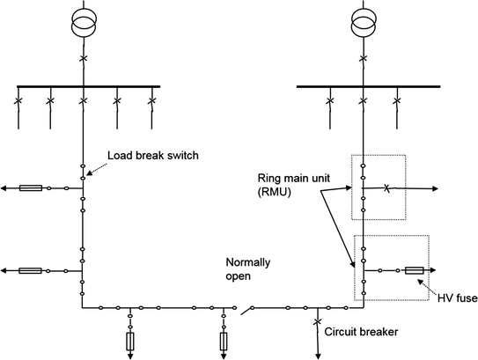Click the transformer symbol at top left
(x=83, y=24)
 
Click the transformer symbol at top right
(x=362, y=24)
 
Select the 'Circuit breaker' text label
(x=361, y=333)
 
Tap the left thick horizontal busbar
(x=88, y=86)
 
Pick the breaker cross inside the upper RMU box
(x=386, y=187)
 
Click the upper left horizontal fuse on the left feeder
(x=31, y=187)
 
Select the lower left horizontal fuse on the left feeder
(x=31, y=270)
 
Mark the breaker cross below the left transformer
(x=83, y=59)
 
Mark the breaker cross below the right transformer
(x=362, y=59)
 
